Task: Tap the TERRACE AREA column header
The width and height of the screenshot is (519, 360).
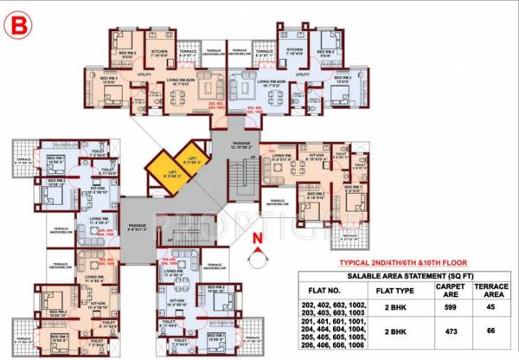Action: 490,286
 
